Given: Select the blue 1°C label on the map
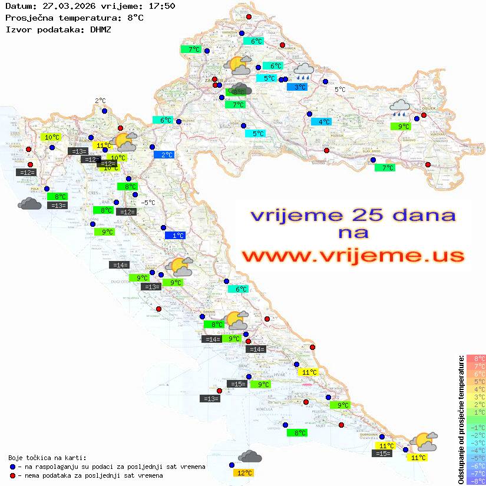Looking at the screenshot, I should pyautogui.click(x=175, y=236).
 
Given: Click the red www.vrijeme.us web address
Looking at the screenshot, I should pyautogui.click(x=352, y=256).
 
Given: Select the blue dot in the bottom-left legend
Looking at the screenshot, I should pyautogui.click(x=13, y=467).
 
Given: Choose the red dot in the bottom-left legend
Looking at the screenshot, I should pyautogui.click(x=13, y=475).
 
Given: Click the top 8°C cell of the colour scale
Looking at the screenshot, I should pyautogui.click(x=476, y=359).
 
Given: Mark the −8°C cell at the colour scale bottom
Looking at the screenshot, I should pyautogui.click(x=476, y=481).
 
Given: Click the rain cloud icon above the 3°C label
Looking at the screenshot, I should pyautogui.click(x=303, y=72).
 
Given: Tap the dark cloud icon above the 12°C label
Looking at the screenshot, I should pyautogui.click(x=250, y=457).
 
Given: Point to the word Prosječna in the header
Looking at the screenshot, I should pyautogui.click(x=30, y=18).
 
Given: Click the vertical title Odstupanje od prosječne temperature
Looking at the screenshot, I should pyautogui.click(x=461, y=419).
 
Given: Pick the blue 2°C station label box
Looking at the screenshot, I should pyautogui.click(x=164, y=155).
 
